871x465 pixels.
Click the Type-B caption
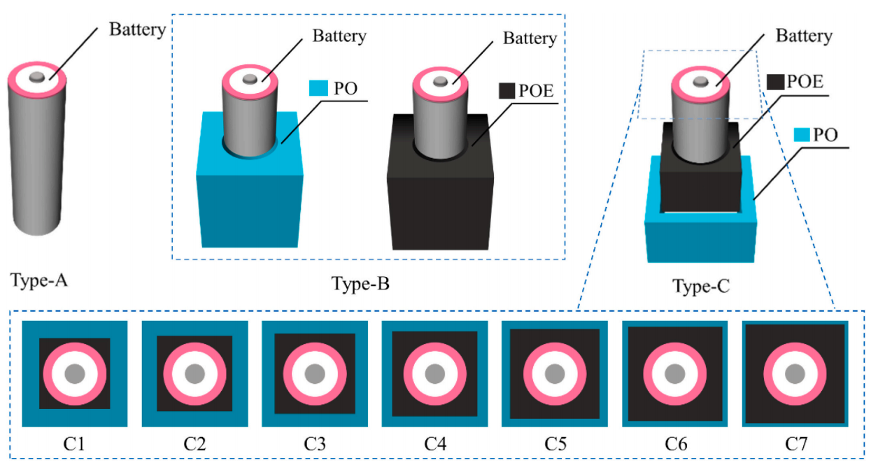(360, 285)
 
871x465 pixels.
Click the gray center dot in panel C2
(194, 373)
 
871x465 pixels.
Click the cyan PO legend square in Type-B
(318, 89)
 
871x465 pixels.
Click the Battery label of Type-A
(138, 29)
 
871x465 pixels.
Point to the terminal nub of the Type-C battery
(700, 83)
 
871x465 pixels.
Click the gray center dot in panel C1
(74, 373)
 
